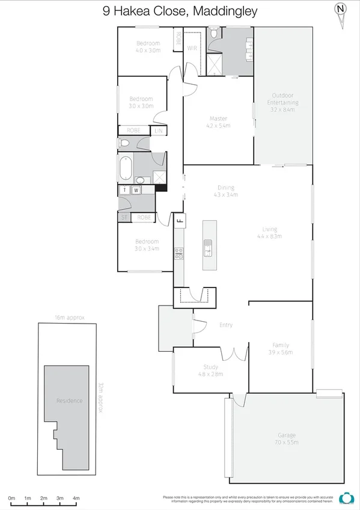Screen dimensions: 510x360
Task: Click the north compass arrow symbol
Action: (x=341, y=13)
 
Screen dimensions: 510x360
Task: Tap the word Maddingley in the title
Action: (x=224, y=11)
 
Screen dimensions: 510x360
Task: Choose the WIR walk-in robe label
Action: (x=192, y=48)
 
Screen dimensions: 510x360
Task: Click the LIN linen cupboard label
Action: (x=159, y=131)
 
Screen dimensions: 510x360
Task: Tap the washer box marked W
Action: (x=136, y=190)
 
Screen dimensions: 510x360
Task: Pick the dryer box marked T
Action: (x=124, y=190)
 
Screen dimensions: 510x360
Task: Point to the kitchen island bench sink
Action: (x=208, y=248)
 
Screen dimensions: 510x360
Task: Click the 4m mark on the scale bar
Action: (x=76, y=499)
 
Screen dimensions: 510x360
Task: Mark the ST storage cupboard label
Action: (x=124, y=218)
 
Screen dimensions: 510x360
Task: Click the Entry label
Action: (x=225, y=325)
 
